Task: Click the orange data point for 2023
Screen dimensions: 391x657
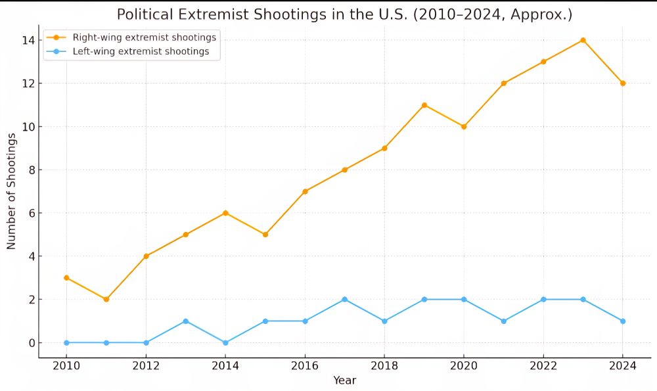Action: click(x=583, y=40)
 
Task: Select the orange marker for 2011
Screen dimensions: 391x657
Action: click(x=106, y=299)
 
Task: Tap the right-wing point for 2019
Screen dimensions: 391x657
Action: click(x=424, y=105)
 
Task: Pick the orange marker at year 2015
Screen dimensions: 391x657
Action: click(x=265, y=235)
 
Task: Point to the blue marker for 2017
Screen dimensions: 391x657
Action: click(x=344, y=299)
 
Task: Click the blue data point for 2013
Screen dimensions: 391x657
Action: click(x=185, y=321)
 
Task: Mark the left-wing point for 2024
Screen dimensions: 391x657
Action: click(x=623, y=321)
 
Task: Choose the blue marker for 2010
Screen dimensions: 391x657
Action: click(x=66, y=342)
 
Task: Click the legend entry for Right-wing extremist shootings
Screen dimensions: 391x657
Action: click(x=145, y=37)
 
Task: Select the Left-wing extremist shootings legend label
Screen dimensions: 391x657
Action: click(x=141, y=51)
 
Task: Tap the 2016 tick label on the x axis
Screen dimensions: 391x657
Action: click(x=304, y=366)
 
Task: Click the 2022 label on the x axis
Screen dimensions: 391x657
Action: click(x=543, y=366)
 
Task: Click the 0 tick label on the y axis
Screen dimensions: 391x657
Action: click(x=30, y=342)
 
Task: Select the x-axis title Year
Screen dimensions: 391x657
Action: click(x=344, y=380)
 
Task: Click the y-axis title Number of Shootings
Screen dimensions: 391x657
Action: click(x=11, y=191)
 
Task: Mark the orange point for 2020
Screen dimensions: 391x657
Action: click(x=463, y=126)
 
